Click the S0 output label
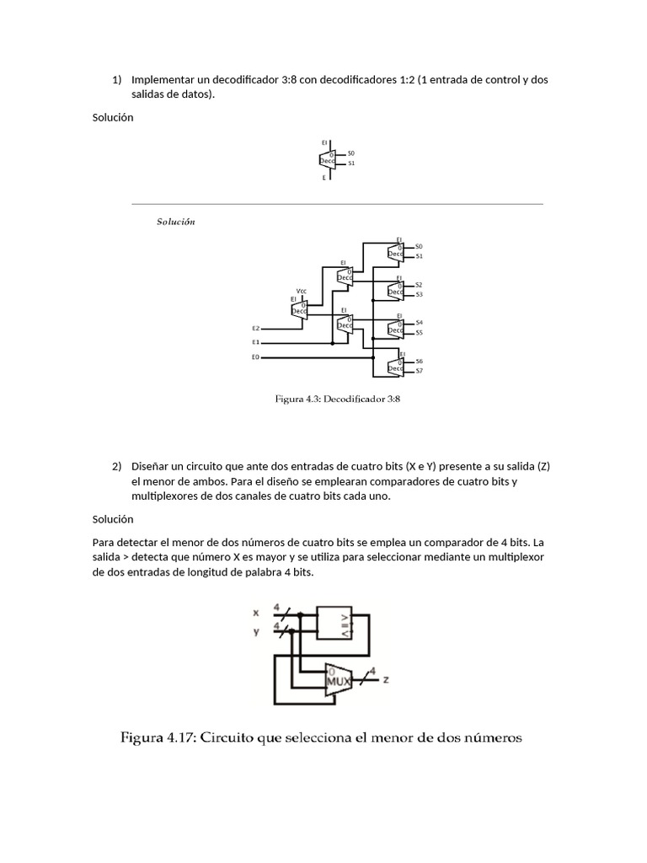pyautogui.click(x=419, y=246)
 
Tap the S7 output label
pyautogui.click(x=419, y=371)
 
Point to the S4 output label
pyautogui.click(x=419, y=323)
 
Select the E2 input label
pyautogui.click(x=256, y=327)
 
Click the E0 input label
pyautogui.click(x=256, y=357)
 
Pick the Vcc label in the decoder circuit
pyautogui.click(x=302, y=291)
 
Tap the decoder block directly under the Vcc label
pyautogui.click(x=299, y=309)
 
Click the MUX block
pyautogui.click(x=339, y=678)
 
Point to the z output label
pyautogui.click(x=386, y=678)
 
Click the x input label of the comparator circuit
pyautogui.click(x=256, y=614)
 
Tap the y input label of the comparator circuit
pyautogui.click(x=256, y=630)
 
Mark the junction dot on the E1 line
pyautogui.click(x=332, y=342)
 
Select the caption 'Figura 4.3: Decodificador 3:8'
pyautogui.click(x=337, y=399)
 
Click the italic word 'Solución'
pyautogui.click(x=176, y=222)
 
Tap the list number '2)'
pyautogui.click(x=117, y=466)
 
